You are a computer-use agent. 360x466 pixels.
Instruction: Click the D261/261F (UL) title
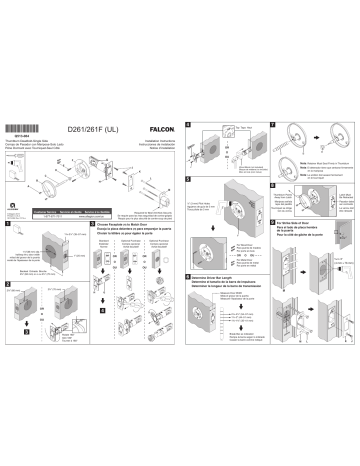(102, 129)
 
